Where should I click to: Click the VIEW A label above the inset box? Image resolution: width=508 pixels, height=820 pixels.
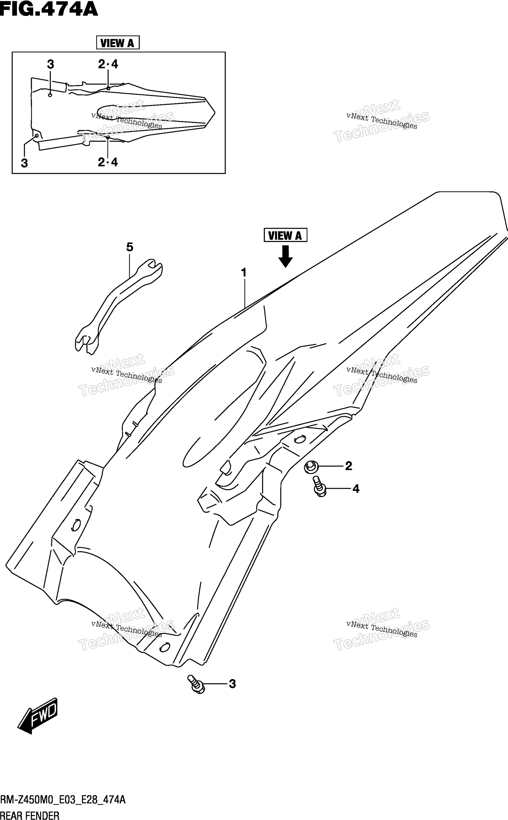coord(118,43)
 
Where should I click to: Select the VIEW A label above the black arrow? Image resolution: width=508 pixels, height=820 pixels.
coord(285,235)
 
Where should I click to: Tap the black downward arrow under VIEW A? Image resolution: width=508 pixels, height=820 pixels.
coord(285,256)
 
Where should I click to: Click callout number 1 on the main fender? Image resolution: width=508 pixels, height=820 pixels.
coord(244,272)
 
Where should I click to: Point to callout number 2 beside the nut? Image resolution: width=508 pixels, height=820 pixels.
coord(348,466)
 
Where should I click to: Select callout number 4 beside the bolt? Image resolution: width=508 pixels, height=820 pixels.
coord(356,489)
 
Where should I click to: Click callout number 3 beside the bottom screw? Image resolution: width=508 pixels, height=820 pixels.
coord(232,684)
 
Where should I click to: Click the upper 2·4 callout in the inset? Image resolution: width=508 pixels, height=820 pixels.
coord(108,64)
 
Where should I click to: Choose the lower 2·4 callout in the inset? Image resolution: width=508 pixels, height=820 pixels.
coord(108,162)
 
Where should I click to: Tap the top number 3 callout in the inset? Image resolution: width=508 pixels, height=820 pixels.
coord(50,64)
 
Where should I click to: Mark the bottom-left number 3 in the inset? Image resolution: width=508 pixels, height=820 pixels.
coord(24,163)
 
